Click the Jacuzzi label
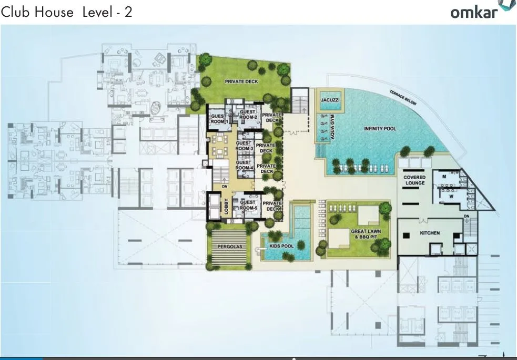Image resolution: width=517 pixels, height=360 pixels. click(331, 100)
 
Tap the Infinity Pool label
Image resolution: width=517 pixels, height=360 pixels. click(380, 129)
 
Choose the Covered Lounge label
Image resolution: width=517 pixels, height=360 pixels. click(414, 180)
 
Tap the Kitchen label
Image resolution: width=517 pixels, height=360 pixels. click(429, 233)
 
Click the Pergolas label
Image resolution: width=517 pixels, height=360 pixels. click(228, 246)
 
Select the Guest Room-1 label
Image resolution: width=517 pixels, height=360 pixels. click(218, 118)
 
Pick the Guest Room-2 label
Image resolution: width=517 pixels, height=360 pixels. click(248, 115)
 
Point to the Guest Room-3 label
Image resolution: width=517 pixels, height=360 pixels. click(244, 146)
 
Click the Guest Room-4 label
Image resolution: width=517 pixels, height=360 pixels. click(244, 165)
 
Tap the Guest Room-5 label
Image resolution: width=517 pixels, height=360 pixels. click(248, 205)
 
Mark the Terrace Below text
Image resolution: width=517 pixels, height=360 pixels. click(403, 98)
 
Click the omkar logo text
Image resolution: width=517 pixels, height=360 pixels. click(473, 12)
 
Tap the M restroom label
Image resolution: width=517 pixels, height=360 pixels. click(444, 177)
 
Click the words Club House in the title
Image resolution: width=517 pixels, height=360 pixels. click(37, 12)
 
